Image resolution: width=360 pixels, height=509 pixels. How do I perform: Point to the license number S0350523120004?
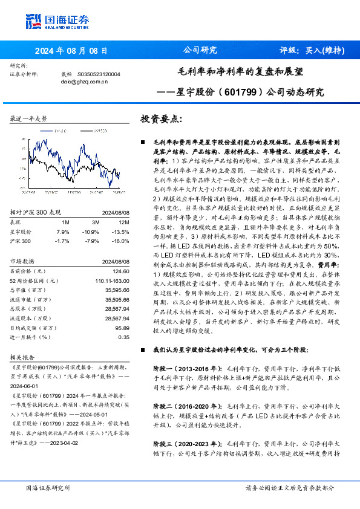[99, 73]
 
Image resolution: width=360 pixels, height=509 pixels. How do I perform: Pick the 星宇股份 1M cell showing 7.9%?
[62, 232]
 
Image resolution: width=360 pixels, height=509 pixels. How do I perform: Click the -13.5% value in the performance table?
[122, 232]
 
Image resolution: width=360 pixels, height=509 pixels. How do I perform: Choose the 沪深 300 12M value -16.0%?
[122, 241]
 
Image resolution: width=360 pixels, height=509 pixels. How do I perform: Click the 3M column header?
[93, 222]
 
